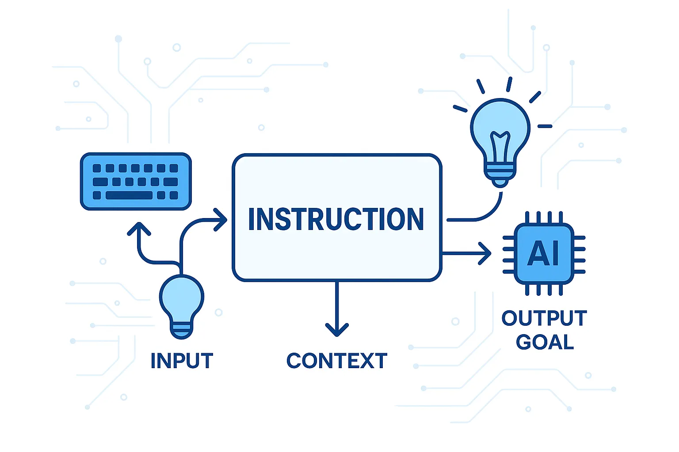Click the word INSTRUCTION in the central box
coord(336,219)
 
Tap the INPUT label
coord(182,361)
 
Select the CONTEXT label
coord(337,361)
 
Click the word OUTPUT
coord(544,318)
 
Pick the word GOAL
coord(545,342)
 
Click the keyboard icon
coord(136,181)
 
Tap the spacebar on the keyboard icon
coord(129,195)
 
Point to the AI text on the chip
coord(544,253)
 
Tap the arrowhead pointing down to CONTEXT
coord(337,329)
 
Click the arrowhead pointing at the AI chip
coord(486,253)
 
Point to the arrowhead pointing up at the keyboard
coord(139,228)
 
